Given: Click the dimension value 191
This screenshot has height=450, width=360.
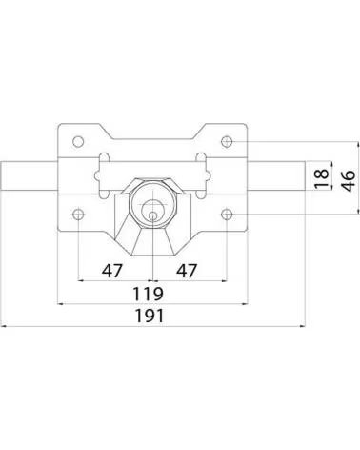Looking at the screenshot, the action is pyautogui.click(x=150, y=316).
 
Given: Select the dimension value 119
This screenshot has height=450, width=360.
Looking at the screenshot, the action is pyautogui.click(x=148, y=294).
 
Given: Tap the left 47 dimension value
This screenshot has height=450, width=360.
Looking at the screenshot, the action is pyautogui.click(x=111, y=271).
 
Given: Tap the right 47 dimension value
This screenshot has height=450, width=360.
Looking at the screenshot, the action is pyautogui.click(x=187, y=271).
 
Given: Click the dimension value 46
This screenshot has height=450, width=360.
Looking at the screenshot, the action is pyautogui.click(x=349, y=181).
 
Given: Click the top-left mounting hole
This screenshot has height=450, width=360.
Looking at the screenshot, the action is pyautogui.click(x=78, y=141).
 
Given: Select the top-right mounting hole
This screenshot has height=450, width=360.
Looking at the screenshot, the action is pyautogui.click(x=227, y=141).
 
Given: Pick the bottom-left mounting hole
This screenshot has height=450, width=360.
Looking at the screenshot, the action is pyautogui.click(x=78, y=215).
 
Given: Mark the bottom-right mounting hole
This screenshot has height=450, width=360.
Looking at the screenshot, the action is pyautogui.click(x=227, y=215).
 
